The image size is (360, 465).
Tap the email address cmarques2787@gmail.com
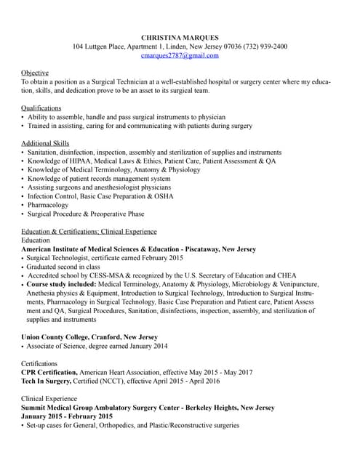(x=180, y=55)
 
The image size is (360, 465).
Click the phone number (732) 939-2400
(x=264, y=46)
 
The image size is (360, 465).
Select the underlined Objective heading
(x=35, y=73)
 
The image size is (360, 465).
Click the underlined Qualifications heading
(x=41, y=108)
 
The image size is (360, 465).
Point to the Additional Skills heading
(x=45, y=143)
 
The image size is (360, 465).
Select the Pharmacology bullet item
(x=48, y=205)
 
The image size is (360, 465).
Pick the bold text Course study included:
(x=61, y=284)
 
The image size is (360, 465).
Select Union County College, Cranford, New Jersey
(x=89, y=337)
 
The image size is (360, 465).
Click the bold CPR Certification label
(x=49, y=372)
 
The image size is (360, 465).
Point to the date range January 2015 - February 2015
(x=67, y=416)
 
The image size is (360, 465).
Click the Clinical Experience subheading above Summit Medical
(x=49, y=399)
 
